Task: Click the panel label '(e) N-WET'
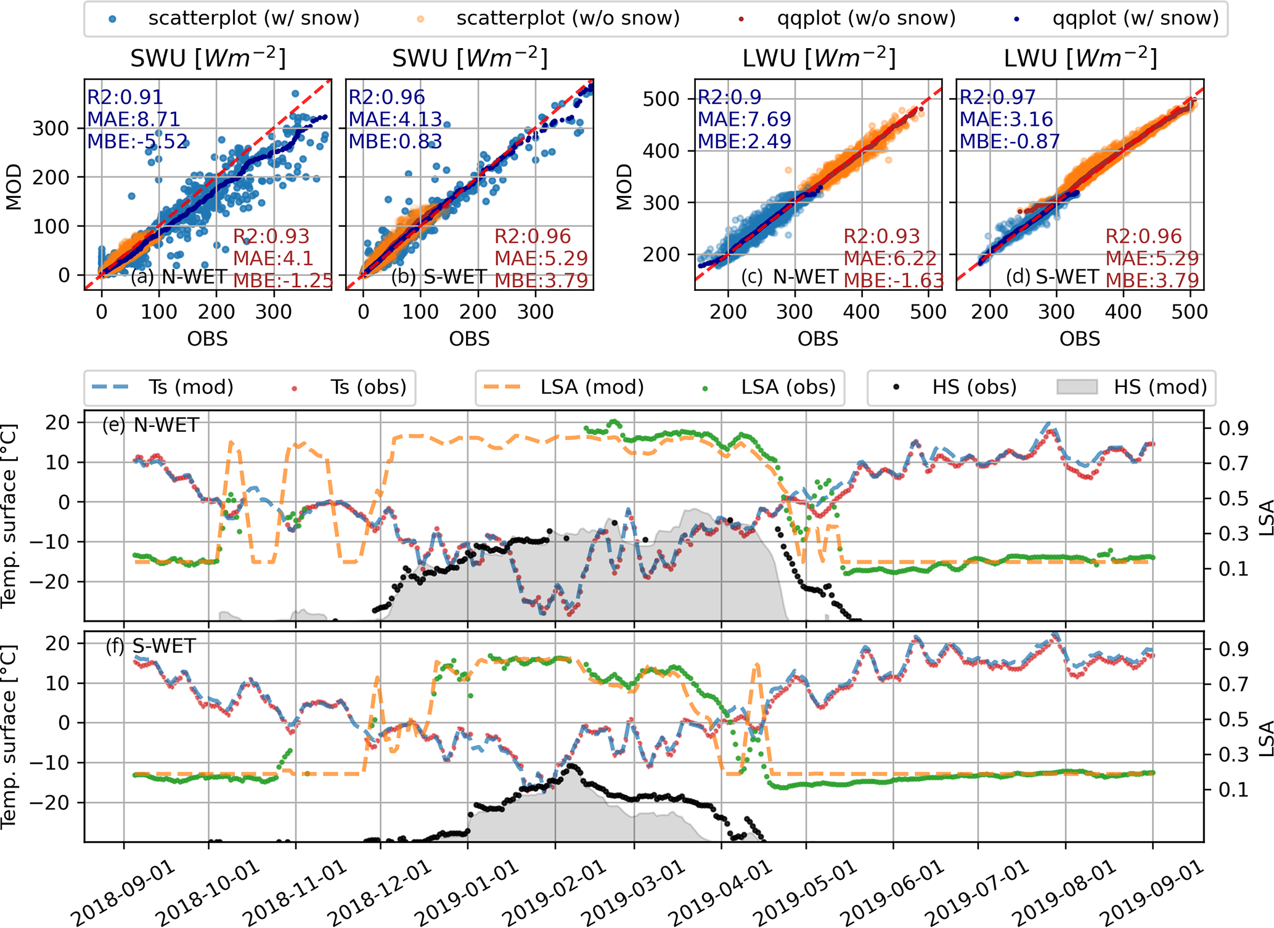pyautogui.click(x=150, y=425)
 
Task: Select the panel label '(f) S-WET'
pyautogui.click(x=150, y=646)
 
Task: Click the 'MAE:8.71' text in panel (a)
pyautogui.click(x=134, y=119)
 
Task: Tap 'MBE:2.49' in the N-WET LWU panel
pyautogui.click(x=744, y=141)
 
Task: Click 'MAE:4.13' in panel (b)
pyautogui.click(x=395, y=119)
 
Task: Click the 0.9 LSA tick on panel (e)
pyautogui.click(x=1233, y=428)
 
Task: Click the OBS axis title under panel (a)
pyautogui.click(x=208, y=339)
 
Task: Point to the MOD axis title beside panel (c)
pyautogui.click(x=624, y=186)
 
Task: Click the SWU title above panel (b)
pyautogui.click(x=470, y=59)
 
